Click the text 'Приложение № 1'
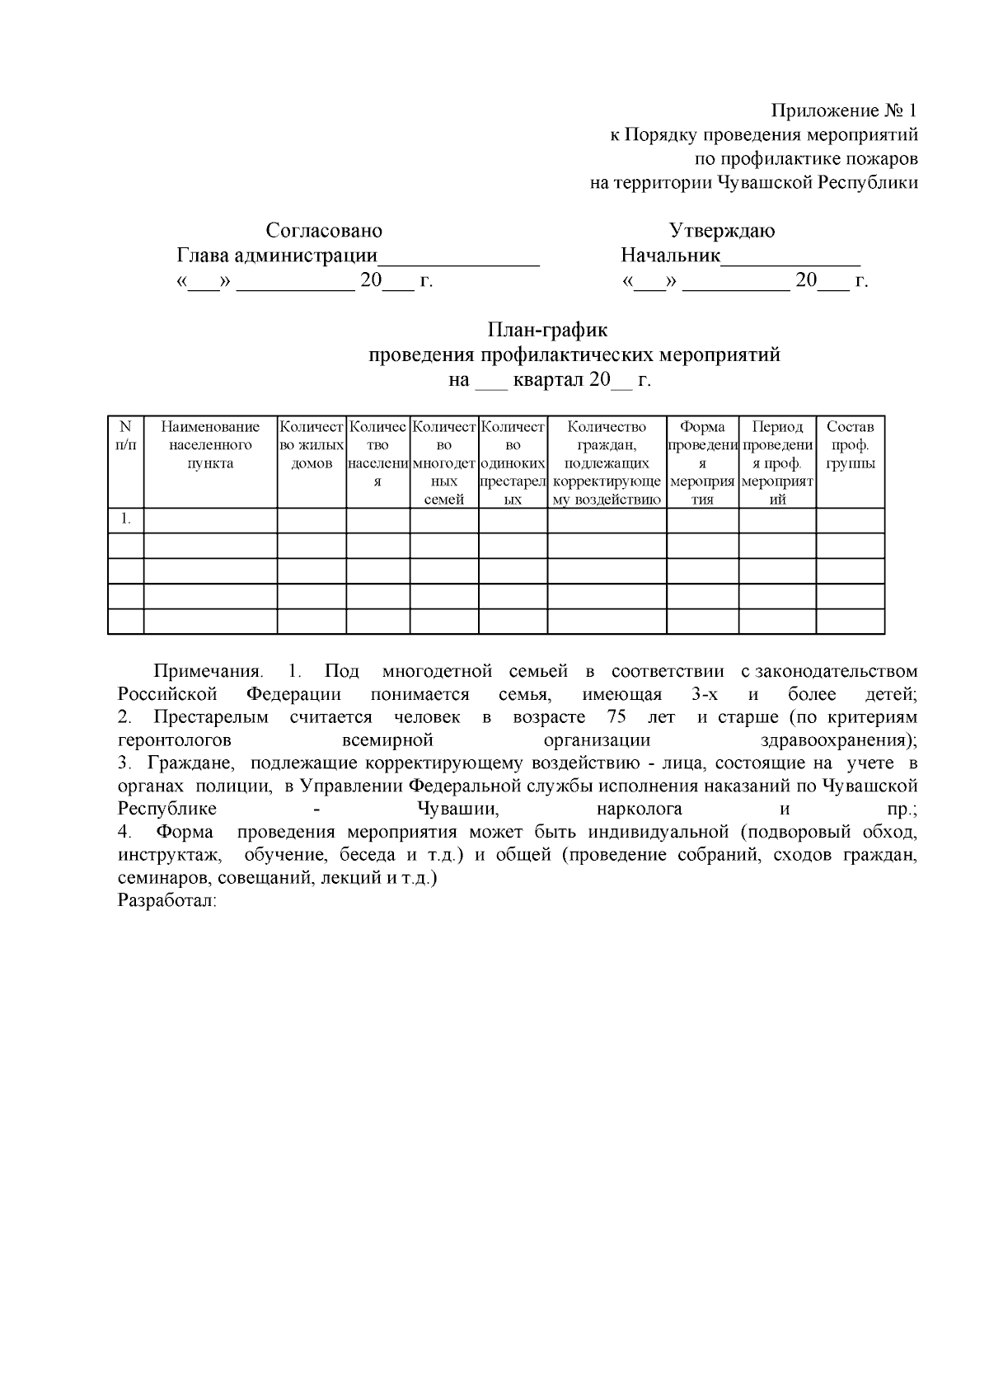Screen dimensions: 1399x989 click(843, 110)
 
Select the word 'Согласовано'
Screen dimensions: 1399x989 click(324, 230)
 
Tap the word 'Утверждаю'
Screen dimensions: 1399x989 click(721, 230)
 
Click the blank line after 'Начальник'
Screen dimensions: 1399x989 click(790, 256)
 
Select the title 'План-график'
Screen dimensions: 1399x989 click(547, 330)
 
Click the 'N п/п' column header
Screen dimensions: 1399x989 click(125, 435)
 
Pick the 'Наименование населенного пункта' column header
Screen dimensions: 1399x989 click(210, 444)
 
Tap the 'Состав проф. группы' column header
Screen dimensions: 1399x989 click(850, 444)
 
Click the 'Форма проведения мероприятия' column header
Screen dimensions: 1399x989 click(702, 462)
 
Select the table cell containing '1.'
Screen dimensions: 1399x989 click(125, 519)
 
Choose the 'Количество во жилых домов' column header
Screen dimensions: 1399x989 click(312, 444)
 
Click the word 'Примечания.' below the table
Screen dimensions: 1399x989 click(209, 671)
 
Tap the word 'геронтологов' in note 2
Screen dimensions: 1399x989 click(175, 740)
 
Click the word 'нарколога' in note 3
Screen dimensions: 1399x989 click(638, 809)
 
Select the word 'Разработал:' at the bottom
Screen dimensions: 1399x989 click(167, 901)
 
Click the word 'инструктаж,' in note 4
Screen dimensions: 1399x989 click(170, 855)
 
